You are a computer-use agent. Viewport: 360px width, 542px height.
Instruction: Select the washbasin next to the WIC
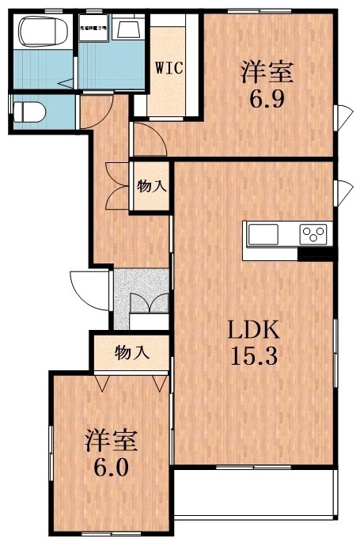point(127,30)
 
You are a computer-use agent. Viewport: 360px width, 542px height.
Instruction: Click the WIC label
point(169,67)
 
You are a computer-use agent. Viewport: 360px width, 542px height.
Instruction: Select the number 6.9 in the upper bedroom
point(267,100)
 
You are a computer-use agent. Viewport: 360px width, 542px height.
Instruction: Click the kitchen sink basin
point(264,234)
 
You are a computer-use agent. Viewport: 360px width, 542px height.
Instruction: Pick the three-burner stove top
point(313,234)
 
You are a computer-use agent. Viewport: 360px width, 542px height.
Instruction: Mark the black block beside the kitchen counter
point(316,254)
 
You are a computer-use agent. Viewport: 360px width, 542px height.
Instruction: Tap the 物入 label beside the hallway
point(150,187)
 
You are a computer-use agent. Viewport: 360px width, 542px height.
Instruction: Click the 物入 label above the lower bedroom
point(131,351)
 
